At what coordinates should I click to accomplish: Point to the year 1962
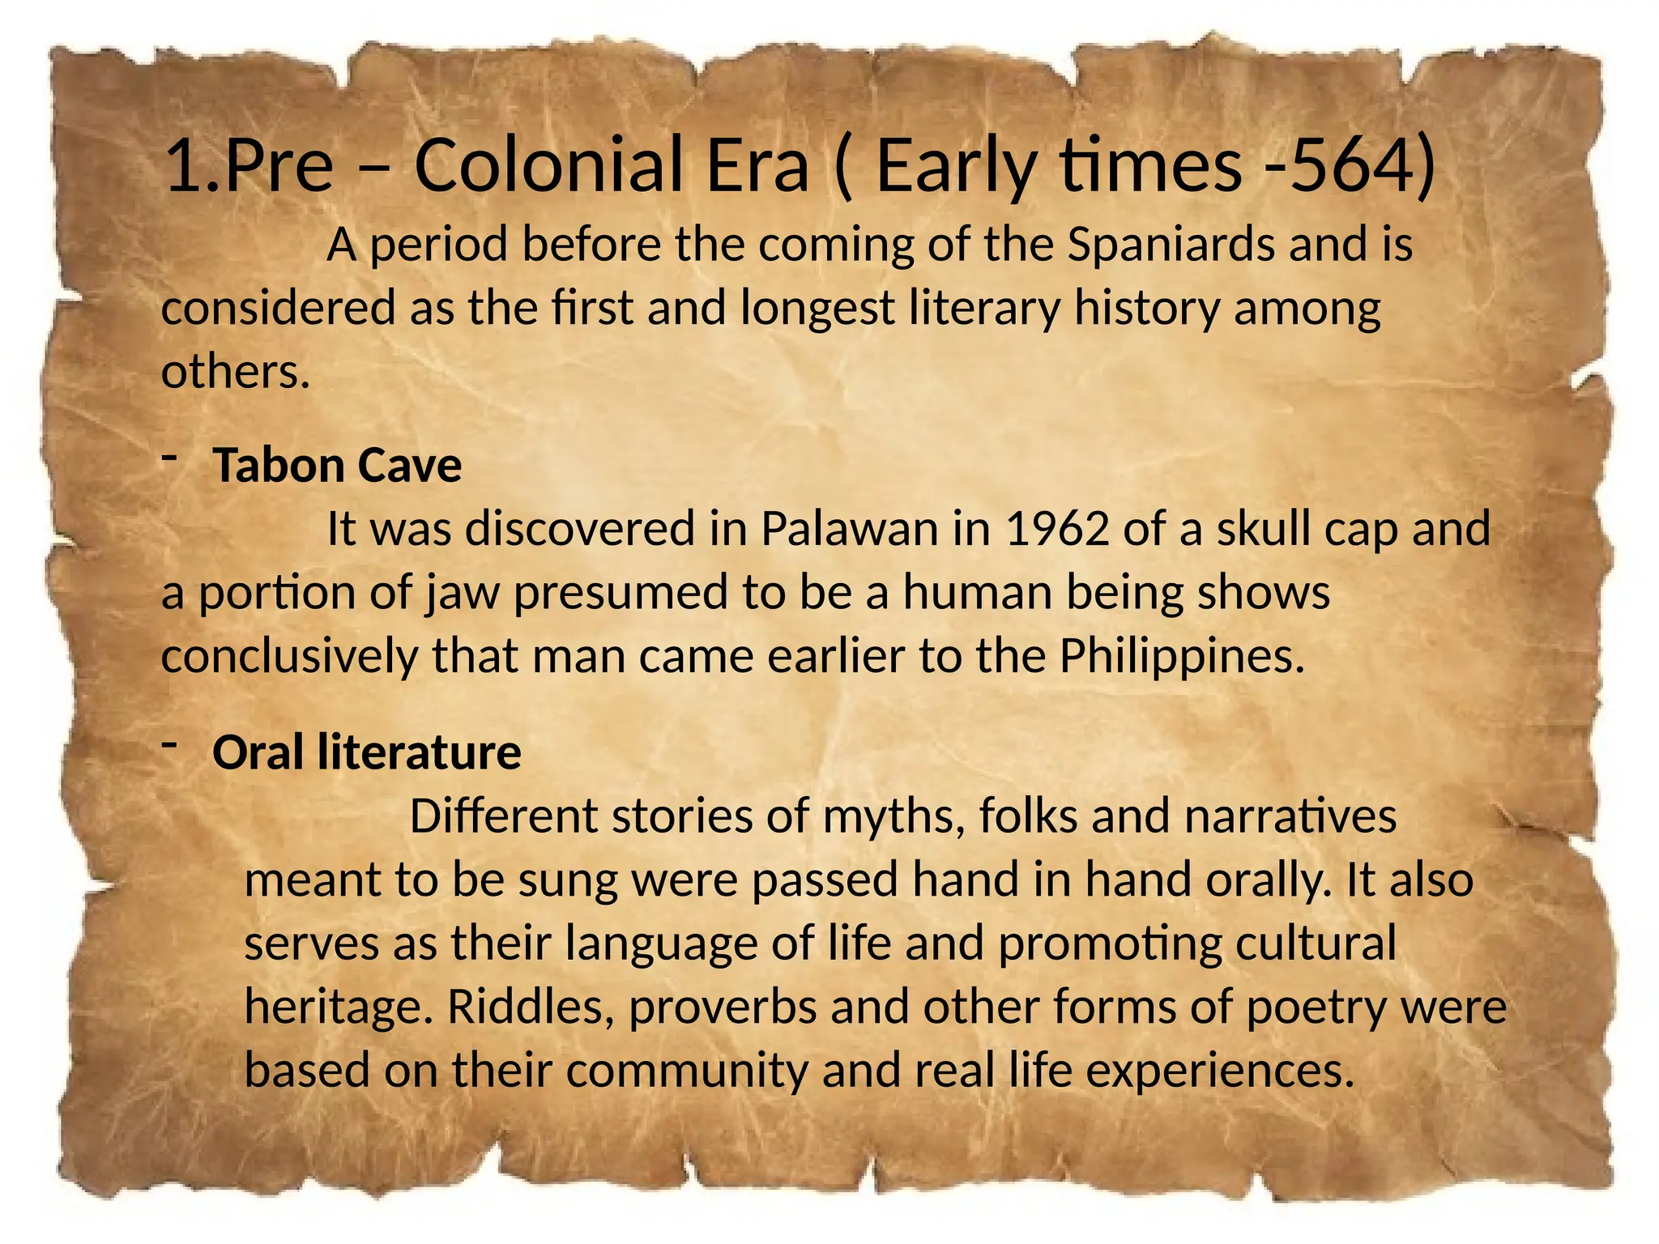point(1056,529)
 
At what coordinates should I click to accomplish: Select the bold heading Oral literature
point(366,752)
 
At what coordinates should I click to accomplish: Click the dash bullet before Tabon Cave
point(169,458)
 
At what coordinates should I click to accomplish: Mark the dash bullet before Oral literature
point(169,743)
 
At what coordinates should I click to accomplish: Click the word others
point(235,372)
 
